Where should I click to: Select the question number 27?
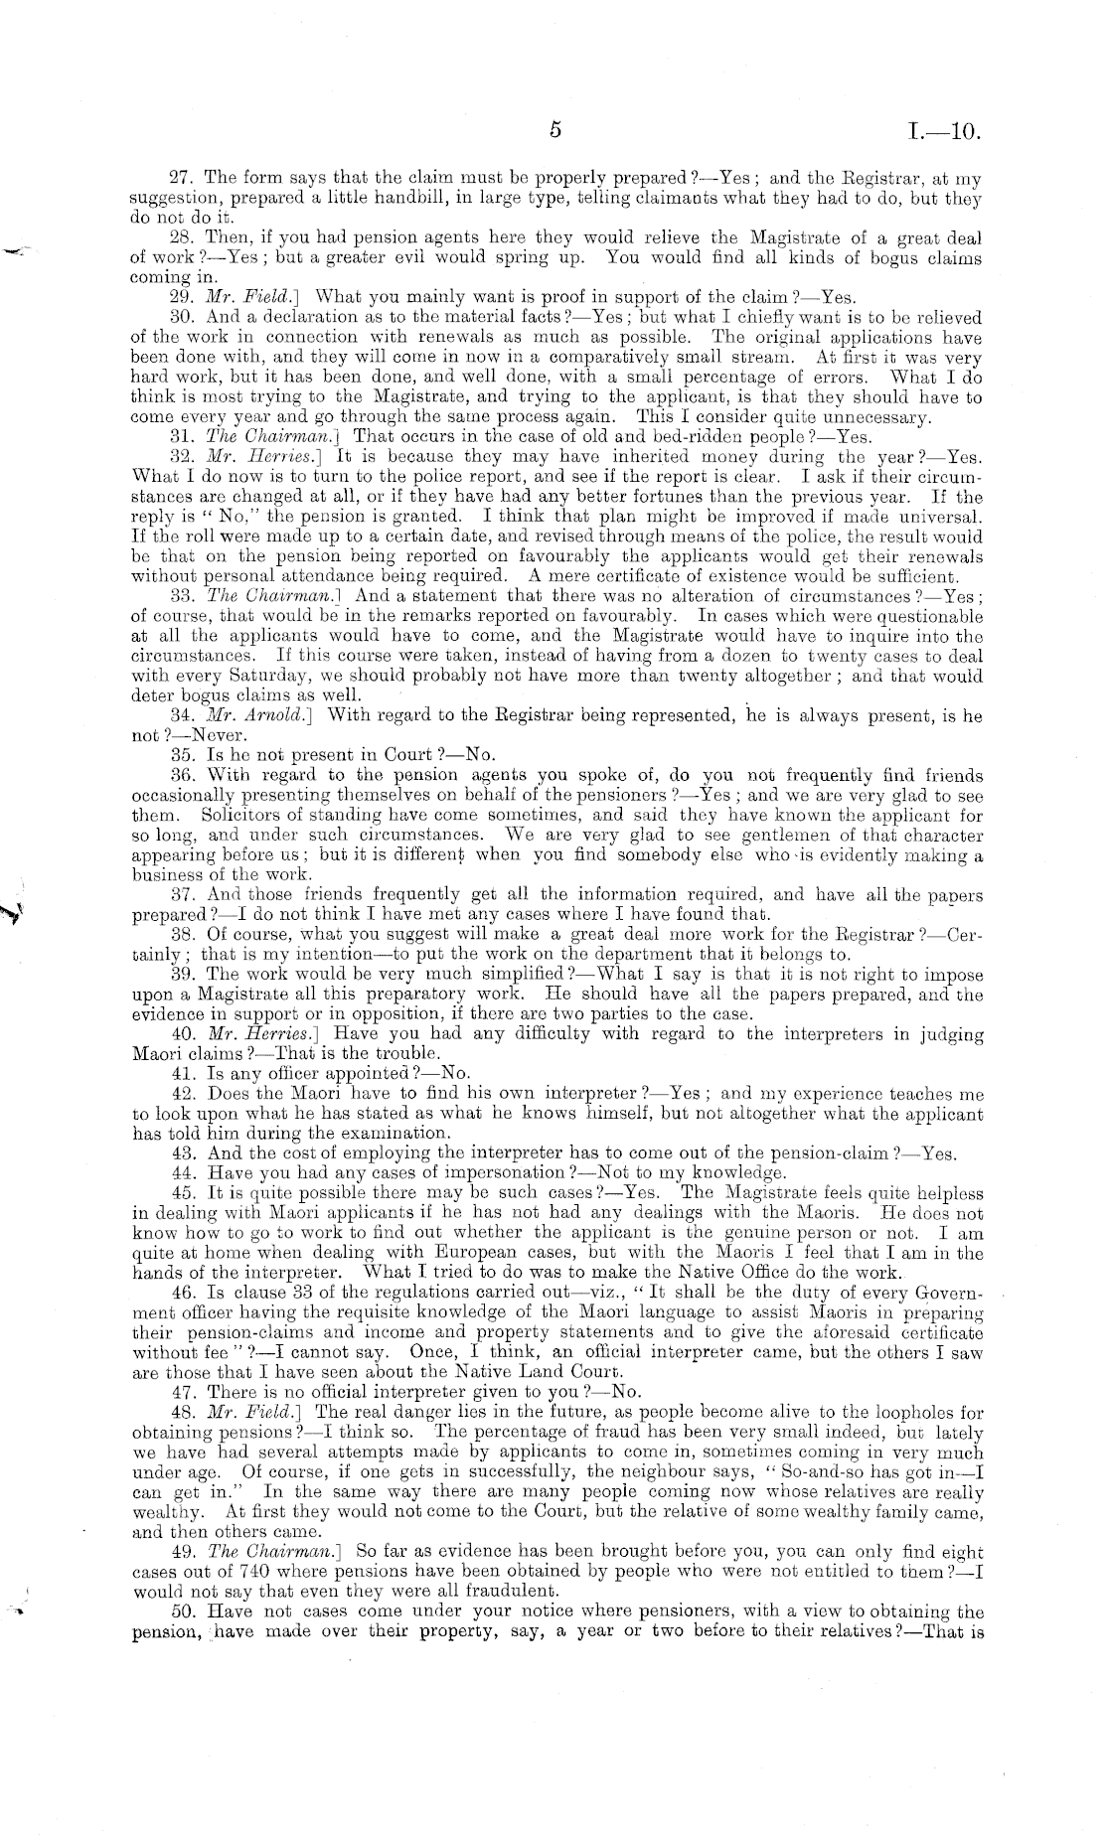coord(180,180)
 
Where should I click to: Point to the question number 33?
coord(181,596)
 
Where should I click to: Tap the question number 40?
coord(181,1033)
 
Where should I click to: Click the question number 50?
coord(181,1611)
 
